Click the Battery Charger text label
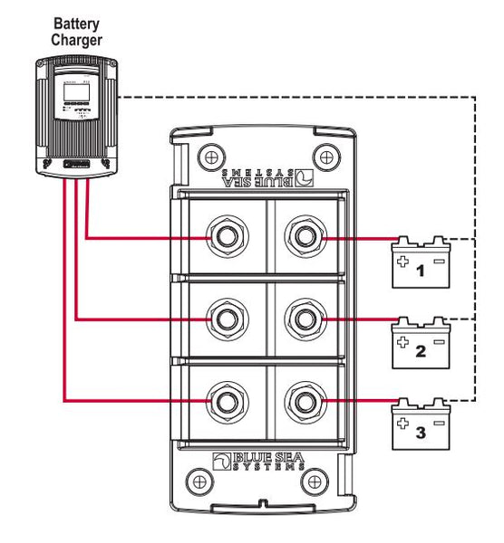(x=77, y=32)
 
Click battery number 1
(x=420, y=265)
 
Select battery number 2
(x=420, y=345)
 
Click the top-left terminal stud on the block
(x=224, y=238)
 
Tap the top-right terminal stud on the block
(x=303, y=238)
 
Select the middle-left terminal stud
(x=224, y=319)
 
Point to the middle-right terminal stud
(x=303, y=319)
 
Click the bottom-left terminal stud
(x=224, y=399)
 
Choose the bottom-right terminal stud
(x=303, y=399)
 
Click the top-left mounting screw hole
(x=208, y=152)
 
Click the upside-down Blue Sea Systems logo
(x=263, y=173)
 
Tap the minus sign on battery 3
(x=439, y=422)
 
